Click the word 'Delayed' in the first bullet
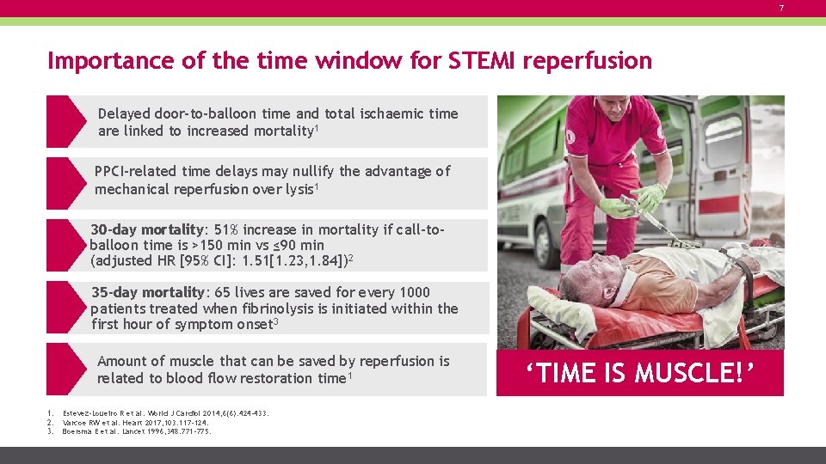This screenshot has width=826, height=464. pos(124,113)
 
